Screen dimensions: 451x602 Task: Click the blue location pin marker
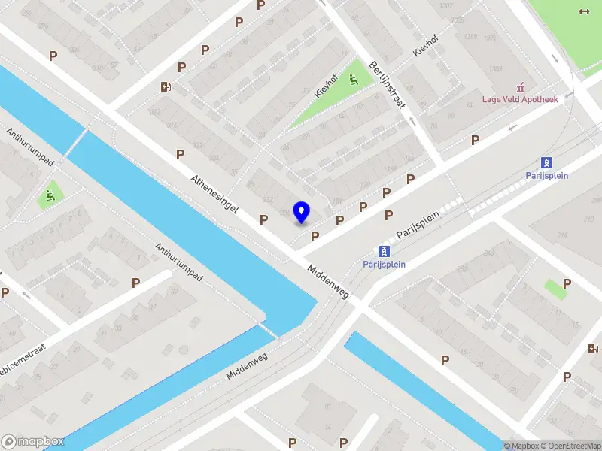pos(301,212)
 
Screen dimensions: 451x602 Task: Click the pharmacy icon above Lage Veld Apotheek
pos(518,87)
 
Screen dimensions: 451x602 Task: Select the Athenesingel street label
pos(215,195)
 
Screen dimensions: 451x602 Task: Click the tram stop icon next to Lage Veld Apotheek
pos(547,162)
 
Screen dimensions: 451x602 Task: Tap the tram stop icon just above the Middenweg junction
pos(384,252)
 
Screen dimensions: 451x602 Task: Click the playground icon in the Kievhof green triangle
pos(354,80)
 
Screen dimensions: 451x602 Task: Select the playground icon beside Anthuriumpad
pos(50,197)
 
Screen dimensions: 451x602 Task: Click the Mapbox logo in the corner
pos(33,442)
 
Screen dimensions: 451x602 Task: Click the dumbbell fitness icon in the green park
pos(583,11)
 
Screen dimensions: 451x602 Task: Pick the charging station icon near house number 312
pos(166,86)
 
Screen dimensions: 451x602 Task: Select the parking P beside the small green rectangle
pos(567,283)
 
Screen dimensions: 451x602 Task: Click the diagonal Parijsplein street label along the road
pos(417,224)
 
